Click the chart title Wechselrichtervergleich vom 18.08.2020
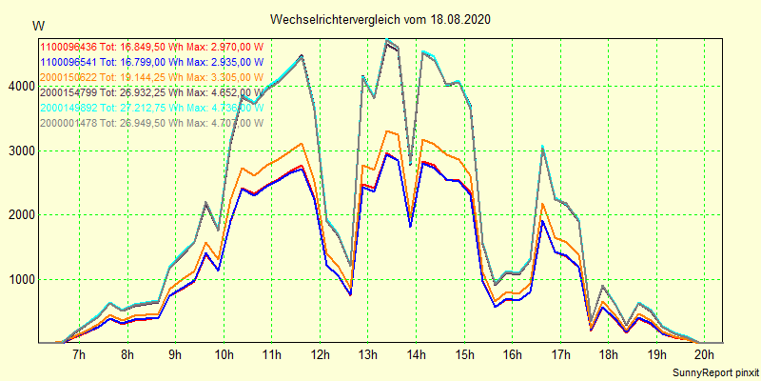click(x=380, y=19)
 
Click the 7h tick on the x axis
click(x=79, y=355)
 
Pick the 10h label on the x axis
click(x=224, y=355)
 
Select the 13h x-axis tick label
click(x=367, y=355)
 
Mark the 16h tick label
click(x=512, y=355)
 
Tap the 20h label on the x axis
click(x=704, y=355)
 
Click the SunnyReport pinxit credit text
click(x=712, y=371)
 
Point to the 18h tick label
click(x=608, y=355)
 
